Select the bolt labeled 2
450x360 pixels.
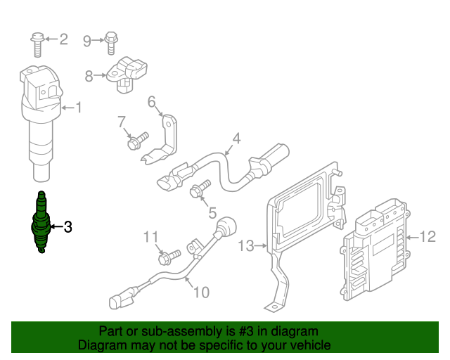[x=37, y=42]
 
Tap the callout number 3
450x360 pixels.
[x=67, y=226]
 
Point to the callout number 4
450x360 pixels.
[x=236, y=139]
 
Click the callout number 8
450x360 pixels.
[x=89, y=75]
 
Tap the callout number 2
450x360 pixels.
[x=63, y=39]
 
